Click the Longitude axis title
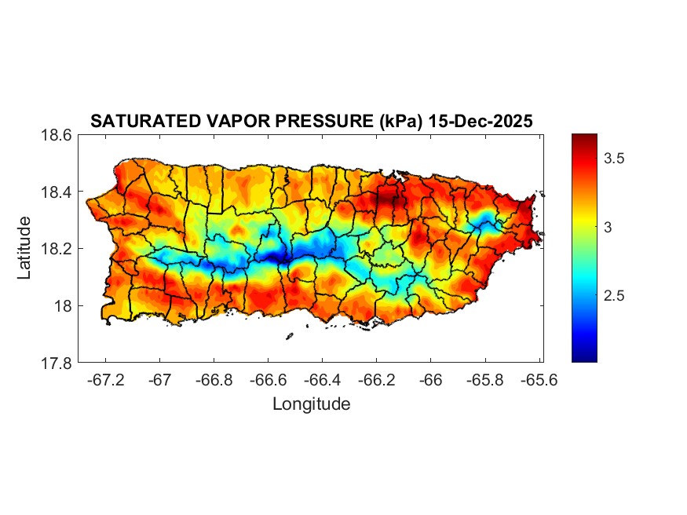311,404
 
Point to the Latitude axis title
24,248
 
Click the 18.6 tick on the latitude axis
57,135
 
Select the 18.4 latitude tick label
57,192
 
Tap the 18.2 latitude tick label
57,249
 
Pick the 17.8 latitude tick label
57,363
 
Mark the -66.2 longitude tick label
376,381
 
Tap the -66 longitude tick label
430,381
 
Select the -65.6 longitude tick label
539,381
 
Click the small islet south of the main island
289,336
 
